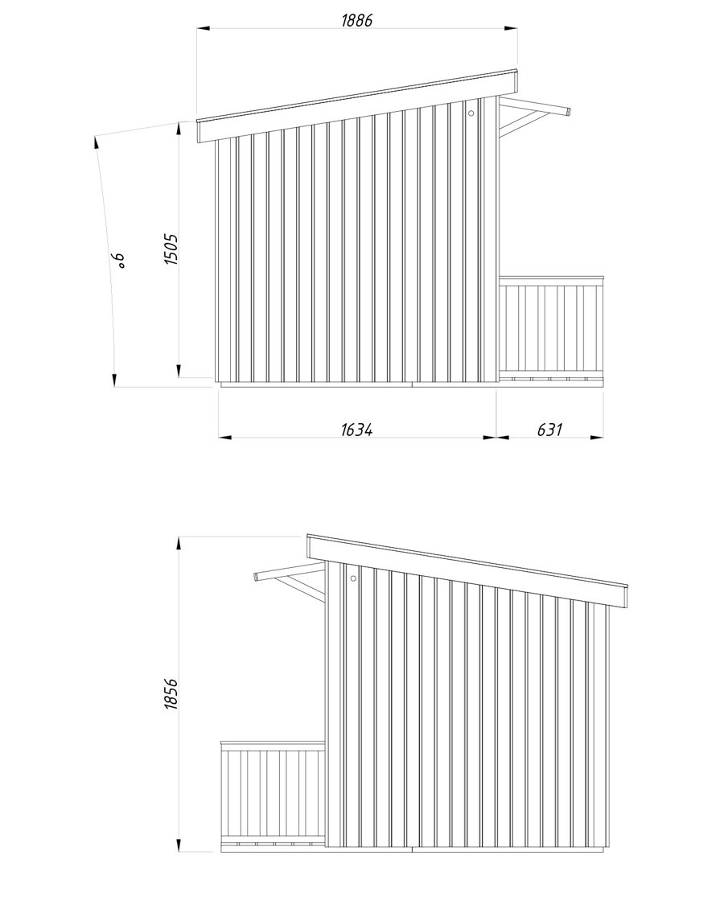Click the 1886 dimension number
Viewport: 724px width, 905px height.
point(357,20)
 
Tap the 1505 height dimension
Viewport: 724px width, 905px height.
point(171,249)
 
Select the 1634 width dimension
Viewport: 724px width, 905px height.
point(357,430)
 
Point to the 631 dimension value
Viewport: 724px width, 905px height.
point(549,430)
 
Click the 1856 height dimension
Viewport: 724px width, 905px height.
point(171,693)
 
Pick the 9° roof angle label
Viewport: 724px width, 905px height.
point(118,260)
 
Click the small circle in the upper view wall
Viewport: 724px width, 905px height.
point(471,113)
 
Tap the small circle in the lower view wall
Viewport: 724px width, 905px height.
point(353,578)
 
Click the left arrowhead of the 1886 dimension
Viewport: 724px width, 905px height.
point(203,27)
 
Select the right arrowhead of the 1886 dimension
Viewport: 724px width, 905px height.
point(511,27)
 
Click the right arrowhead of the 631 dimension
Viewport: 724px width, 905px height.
point(597,437)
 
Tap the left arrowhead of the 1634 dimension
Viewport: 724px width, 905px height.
point(225,437)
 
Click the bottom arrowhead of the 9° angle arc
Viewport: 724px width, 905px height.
point(114,380)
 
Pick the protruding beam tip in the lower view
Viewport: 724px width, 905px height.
point(257,576)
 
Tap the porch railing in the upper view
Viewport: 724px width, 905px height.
point(551,327)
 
